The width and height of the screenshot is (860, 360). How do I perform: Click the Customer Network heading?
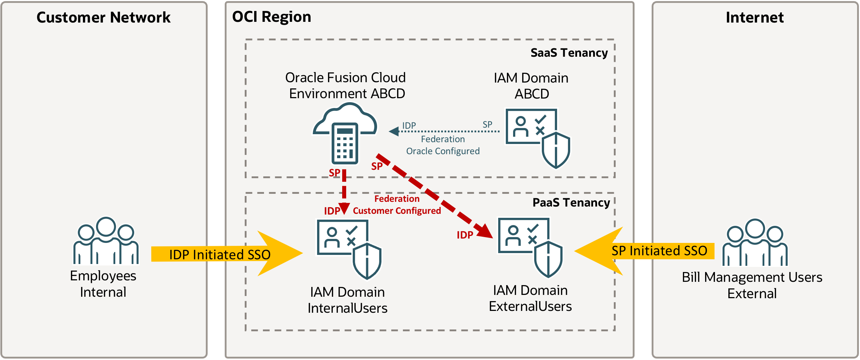[x=103, y=17]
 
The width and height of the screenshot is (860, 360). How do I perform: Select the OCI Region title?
[x=271, y=17]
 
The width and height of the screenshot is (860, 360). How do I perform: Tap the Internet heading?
[x=755, y=17]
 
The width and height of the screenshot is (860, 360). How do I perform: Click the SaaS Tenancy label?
[x=569, y=53]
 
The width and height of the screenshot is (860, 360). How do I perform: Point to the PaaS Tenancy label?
[x=571, y=203]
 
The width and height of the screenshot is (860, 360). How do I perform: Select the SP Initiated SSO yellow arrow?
[x=644, y=251]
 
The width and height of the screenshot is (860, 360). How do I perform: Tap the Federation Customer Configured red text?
[x=397, y=205]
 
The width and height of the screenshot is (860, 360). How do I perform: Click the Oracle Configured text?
[x=443, y=151]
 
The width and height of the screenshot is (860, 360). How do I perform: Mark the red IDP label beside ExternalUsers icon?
[x=465, y=235]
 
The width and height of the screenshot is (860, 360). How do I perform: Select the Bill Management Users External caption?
[x=752, y=285]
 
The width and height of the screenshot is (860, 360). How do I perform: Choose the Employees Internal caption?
[x=103, y=284]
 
